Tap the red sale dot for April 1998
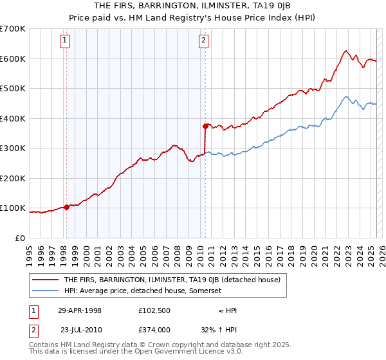[66, 207]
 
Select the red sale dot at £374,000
[205, 126]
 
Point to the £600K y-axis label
[13, 59]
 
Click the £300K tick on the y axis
[13, 148]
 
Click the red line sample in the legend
[46, 280]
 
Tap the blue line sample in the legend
[46, 291]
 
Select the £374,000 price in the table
[154, 328]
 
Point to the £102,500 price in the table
[154, 310]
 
